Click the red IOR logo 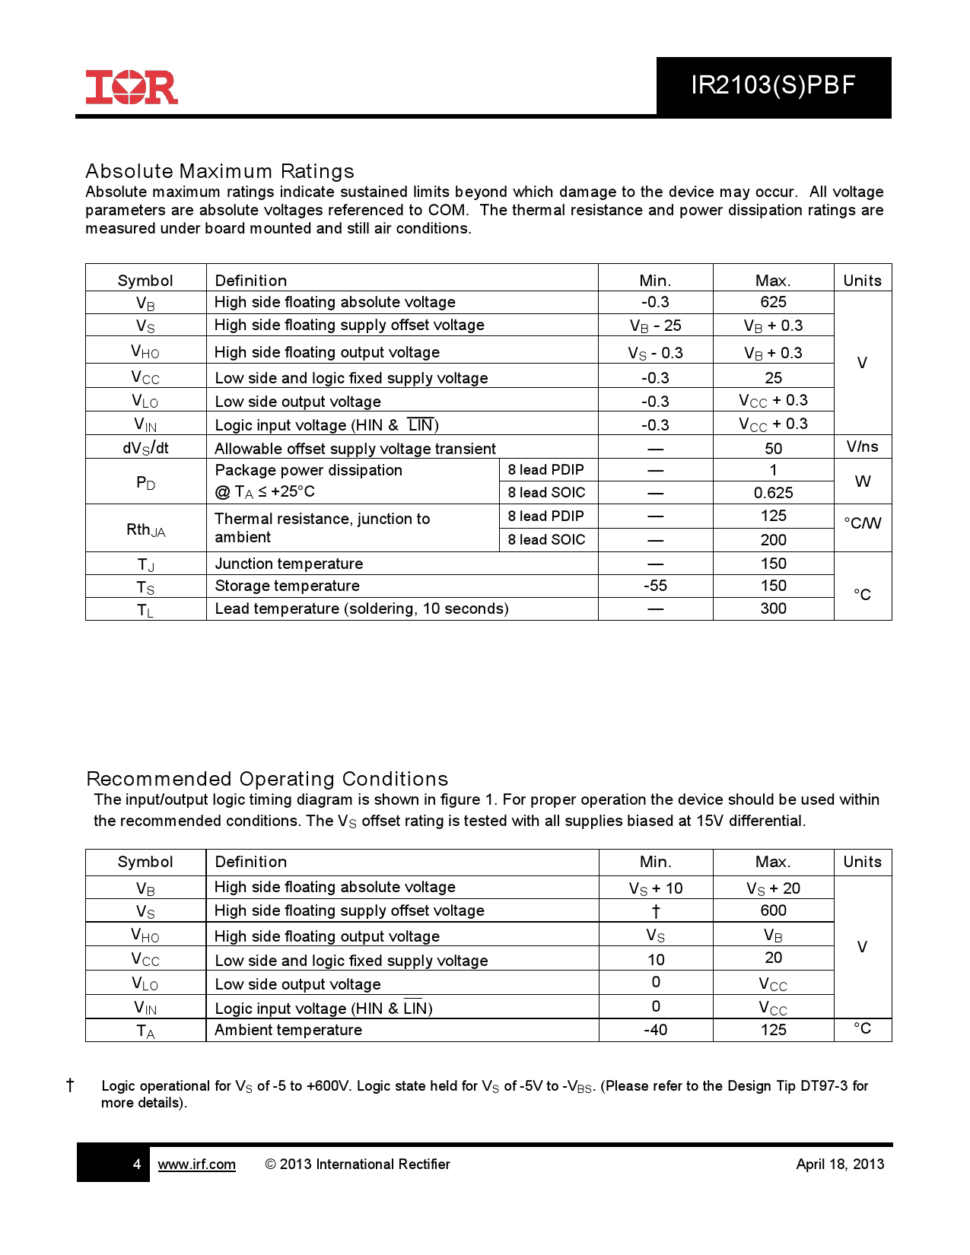[132, 87]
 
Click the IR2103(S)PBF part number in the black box [773, 85]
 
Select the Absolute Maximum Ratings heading [220, 171]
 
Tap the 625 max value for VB [773, 302]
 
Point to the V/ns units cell [862, 446]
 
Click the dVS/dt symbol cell [145, 448]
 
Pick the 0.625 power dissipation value [773, 493]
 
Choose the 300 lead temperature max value [773, 608]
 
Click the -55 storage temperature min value [655, 586]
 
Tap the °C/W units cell [862, 523]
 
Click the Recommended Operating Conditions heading [267, 779]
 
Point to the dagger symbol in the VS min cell [656, 911]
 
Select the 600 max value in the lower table [773, 910]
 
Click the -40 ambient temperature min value [655, 1030]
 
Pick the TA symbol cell [145, 1031]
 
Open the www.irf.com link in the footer [196, 1164]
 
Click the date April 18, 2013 [840, 1164]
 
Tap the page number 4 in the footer [137, 1164]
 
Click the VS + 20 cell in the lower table [773, 888]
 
